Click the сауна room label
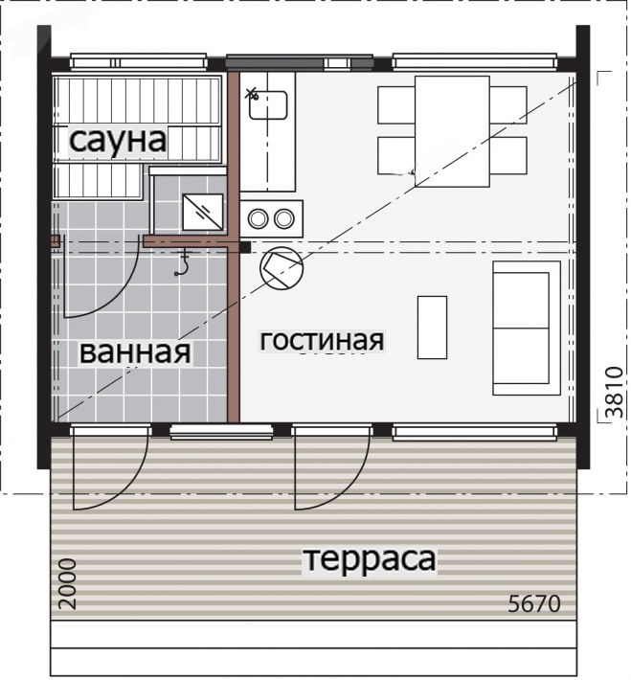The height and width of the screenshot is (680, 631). [x=118, y=141]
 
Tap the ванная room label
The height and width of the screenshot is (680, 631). [x=135, y=352]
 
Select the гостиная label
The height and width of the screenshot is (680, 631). [x=322, y=340]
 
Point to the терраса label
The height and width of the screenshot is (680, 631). [x=370, y=559]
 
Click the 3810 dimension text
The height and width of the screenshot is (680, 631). [x=615, y=392]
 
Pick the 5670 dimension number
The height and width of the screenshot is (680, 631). [x=534, y=603]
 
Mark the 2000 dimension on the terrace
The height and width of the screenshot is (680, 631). [x=68, y=583]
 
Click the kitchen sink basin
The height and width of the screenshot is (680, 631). [x=268, y=105]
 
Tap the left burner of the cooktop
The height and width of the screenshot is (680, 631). [x=258, y=218]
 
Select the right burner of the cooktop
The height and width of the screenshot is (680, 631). [x=284, y=218]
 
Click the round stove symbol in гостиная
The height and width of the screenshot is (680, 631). [x=282, y=269]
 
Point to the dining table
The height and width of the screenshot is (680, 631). [x=452, y=131]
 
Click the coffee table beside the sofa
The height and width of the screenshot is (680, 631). [x=433, y=328]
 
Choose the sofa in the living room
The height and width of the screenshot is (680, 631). [x=527, y=328]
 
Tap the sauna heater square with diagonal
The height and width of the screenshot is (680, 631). [x=203, y=212]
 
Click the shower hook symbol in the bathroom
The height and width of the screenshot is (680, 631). [x=183, y=263]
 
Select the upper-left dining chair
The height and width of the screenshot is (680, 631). [x=396, y=105]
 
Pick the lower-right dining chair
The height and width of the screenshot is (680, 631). [x=508, y=156]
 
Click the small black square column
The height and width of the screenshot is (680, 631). [x=245, y=247]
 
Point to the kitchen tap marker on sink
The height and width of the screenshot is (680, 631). [x=251, y=93]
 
